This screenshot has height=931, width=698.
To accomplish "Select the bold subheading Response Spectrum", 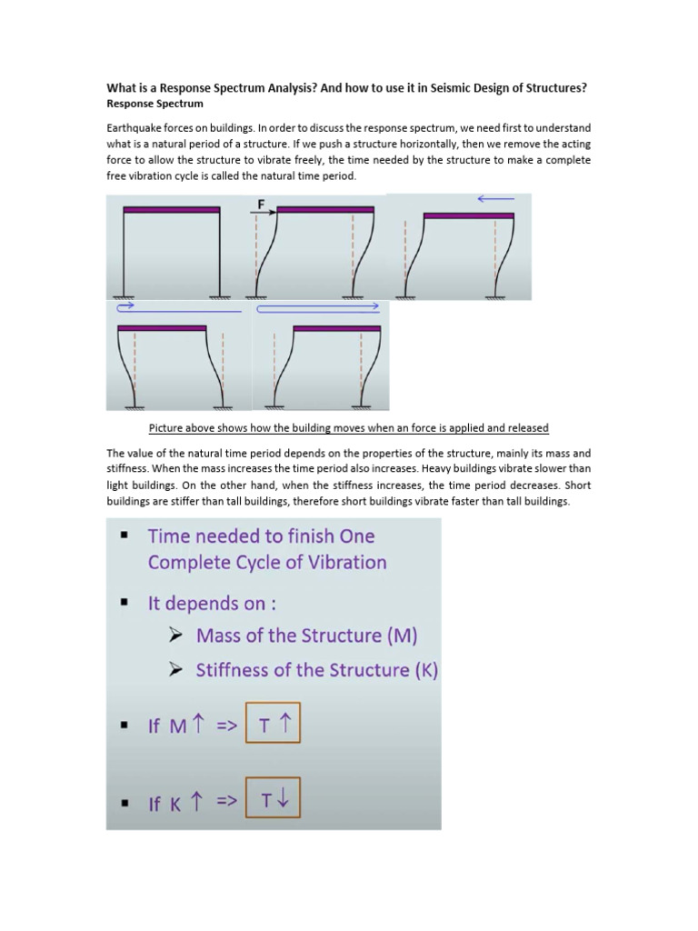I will point(155,104).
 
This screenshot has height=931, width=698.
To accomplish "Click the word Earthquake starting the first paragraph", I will point(135,129).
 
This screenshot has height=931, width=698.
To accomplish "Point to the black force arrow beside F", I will point(263,215).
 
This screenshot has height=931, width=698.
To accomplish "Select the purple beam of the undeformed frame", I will point(172,209).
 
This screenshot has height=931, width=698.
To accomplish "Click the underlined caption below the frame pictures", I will point(348,428).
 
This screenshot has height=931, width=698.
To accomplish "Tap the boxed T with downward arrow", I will point(273,801).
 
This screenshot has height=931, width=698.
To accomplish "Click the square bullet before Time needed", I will point(122,536).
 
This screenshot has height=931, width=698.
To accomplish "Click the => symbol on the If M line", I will point(225,726).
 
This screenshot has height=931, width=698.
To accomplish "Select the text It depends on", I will point(206,603).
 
